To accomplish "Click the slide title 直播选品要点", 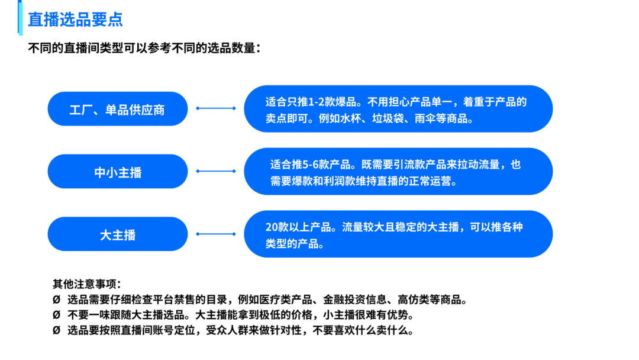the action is (75, 19).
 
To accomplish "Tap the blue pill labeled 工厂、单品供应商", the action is (117, 110).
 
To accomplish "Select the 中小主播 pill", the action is (117, 172).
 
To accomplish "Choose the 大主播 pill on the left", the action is (117, 234).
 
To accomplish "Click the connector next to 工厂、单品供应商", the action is (215, 108).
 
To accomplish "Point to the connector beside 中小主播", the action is (215, 171).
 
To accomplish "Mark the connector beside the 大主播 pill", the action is (215, 234).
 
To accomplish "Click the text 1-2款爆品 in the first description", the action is (331, 102).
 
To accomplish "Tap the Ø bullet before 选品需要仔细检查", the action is (56, 299).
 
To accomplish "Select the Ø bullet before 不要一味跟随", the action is (56, 314).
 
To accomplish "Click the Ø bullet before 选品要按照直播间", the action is (56, 330).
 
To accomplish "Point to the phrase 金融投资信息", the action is (354, 299).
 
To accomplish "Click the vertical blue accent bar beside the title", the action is (21, 18).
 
